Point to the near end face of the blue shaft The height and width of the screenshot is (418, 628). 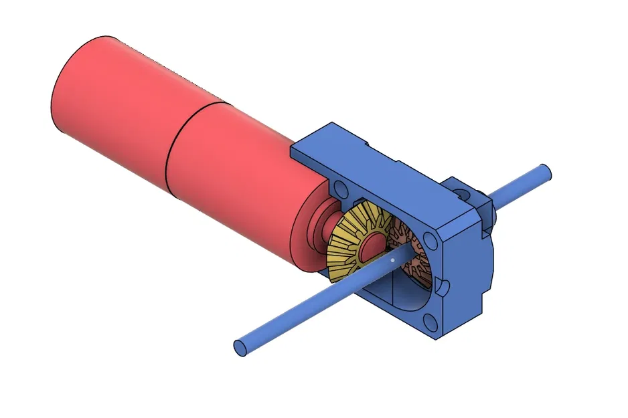pos(240,347)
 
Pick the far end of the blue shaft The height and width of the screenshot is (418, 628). pos(546,172)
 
